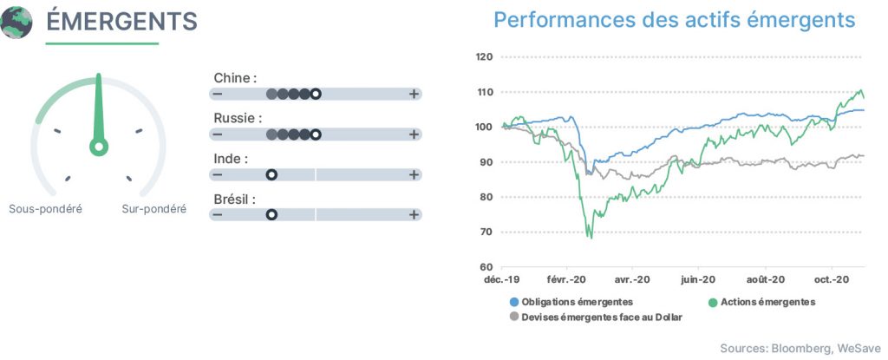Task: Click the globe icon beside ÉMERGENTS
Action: coord(16,23)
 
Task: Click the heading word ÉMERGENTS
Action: coord(121,22)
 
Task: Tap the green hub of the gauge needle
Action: coord(99,147)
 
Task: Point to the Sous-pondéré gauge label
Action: coord(45,209)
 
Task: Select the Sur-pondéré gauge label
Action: coord(154,209)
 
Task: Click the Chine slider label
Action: coord(235,78)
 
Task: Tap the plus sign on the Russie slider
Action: coord(414,134)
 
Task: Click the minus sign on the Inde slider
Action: coord(218,174)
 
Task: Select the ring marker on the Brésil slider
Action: coord(271,215)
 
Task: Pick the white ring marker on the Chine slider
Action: coord(316,94)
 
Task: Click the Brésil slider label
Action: coord(234,200)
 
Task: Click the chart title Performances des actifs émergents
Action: coord(675,21)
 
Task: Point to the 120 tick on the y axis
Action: coord(485,56)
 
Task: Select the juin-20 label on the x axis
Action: coord(697,279)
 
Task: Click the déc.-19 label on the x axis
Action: coord(502,279)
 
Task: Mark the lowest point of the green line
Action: coord(591,238)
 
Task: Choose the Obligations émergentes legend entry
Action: coord(571,302)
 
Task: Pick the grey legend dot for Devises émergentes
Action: coord(514,317)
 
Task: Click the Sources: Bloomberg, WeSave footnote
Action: coord(800,348)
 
